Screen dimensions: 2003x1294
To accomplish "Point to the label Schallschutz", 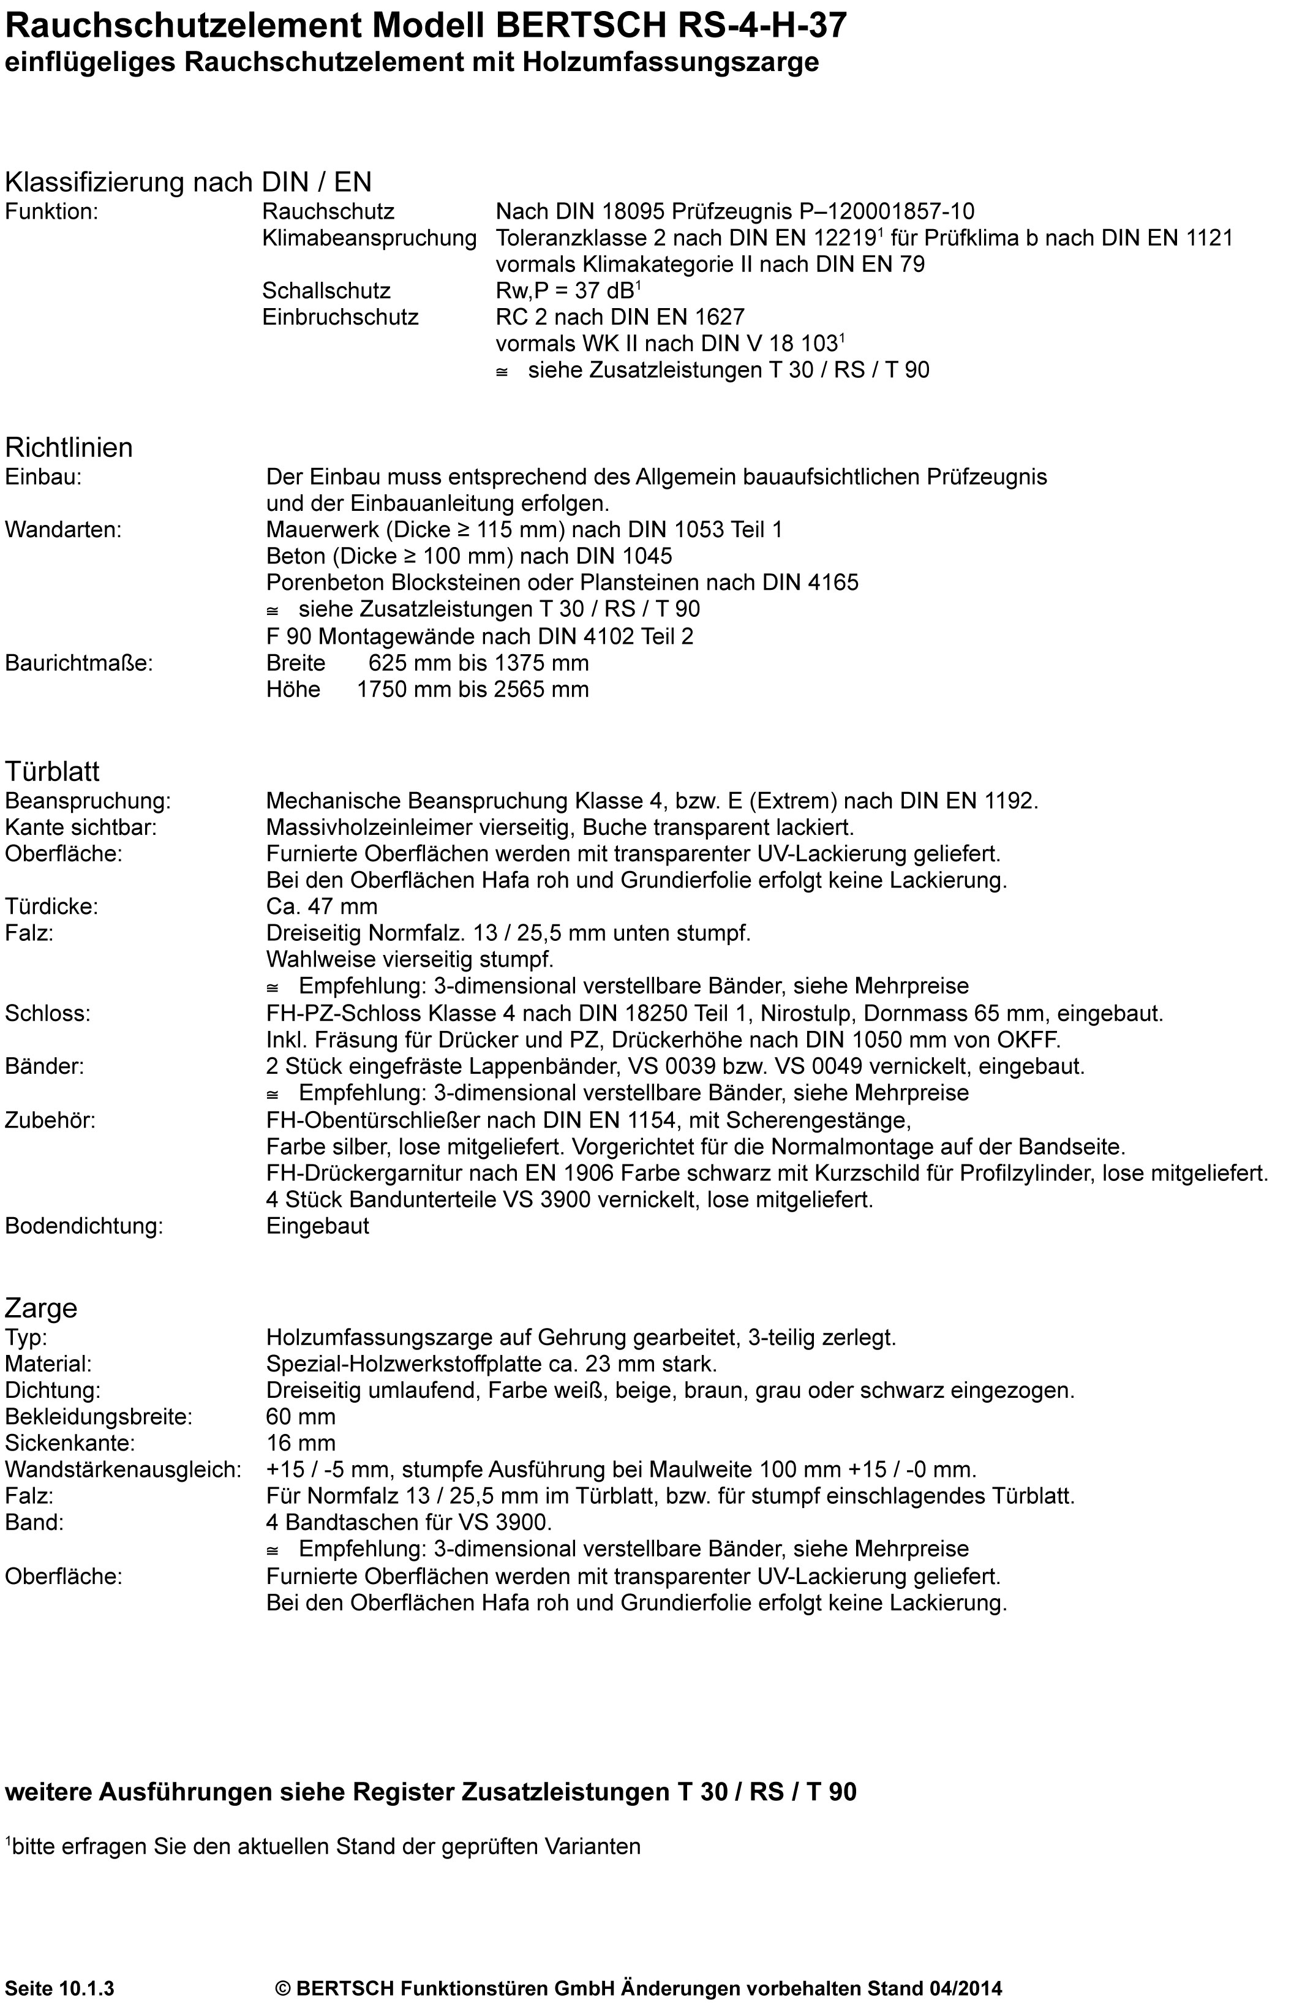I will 326,291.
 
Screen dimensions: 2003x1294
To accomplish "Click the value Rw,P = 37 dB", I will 566,291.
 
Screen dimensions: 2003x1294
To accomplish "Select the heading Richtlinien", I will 69,447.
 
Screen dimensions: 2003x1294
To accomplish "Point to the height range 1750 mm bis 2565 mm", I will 472,690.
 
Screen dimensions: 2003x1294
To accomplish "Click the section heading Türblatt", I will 52,771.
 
